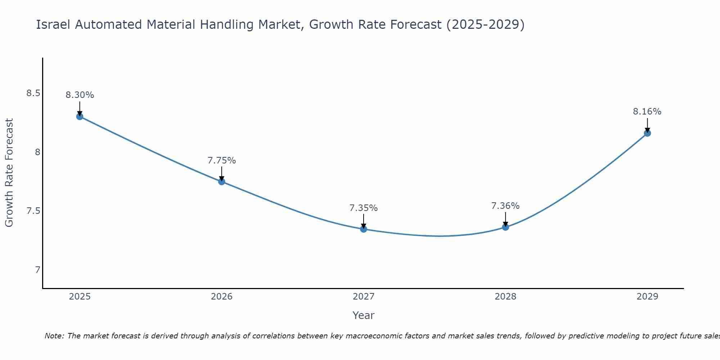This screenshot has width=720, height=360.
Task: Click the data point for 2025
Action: [x=80, y=116]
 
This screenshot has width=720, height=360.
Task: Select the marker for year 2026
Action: [x=221, y=181]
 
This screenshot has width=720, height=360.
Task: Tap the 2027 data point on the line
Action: [x=363, y=229]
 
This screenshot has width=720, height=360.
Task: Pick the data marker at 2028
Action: [x=505, y=227]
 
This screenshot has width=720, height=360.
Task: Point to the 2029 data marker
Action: [x=647, y=133]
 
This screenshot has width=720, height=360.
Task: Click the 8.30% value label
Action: [x=80, y=95]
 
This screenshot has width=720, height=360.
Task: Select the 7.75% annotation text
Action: [x=221, y=161]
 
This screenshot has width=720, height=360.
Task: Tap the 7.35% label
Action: [x=363, y=208]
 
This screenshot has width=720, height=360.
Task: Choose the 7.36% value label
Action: [x=505, y=206]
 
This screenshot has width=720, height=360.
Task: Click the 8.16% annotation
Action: [x=647, y=112]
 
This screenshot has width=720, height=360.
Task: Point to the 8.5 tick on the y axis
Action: [x=33, y=94]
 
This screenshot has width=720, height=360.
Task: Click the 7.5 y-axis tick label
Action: [x=33, y=211]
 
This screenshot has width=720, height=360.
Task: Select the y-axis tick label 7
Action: [x=37, y=270]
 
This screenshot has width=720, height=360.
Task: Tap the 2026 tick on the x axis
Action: [x=221, y=297]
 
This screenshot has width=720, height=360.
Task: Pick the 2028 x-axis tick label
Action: [x=505, y=297]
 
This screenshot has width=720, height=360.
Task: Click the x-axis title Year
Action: [x=363, y=315]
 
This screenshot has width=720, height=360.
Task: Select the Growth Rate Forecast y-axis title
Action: [x=9, y=173]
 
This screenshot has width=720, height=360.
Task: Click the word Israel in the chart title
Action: [x=54, y=24]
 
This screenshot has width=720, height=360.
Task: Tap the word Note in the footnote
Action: [x=54, y=336]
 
